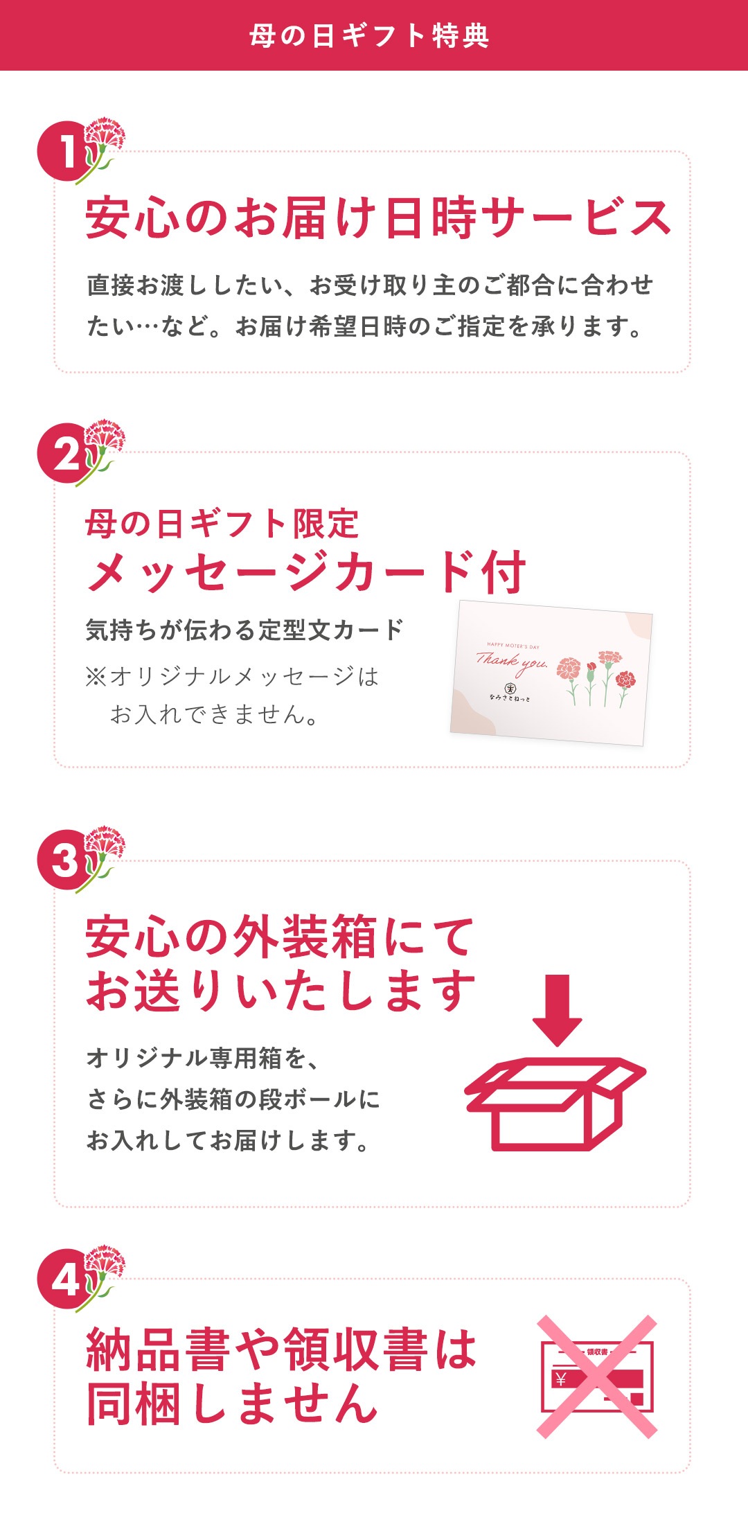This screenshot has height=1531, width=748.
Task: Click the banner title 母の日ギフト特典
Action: click(x=369, y=35)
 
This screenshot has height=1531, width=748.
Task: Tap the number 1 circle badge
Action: click(x=66, y=152)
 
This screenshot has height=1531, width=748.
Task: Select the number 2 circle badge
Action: click(x=66, y=454)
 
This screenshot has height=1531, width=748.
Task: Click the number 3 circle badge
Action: click(x=66, y=860)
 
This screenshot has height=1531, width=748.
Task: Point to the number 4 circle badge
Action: click(x=66, y=1279)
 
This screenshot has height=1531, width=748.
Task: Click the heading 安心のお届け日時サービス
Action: click(x=378, y=218)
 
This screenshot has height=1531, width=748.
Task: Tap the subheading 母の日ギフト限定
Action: click(x=222, y=524)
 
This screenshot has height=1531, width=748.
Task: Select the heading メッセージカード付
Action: click(x=305, y=572)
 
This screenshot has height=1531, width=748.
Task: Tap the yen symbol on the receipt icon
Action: click(x=560, y=1379)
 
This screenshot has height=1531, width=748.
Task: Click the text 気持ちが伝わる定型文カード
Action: click(x=244, y=630)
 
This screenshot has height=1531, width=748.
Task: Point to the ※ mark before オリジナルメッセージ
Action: click(x=96, y=676)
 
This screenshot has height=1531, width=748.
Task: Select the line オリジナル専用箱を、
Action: click(x=202, y=1058)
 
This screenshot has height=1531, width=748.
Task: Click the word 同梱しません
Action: click(x=232, y=1403)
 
